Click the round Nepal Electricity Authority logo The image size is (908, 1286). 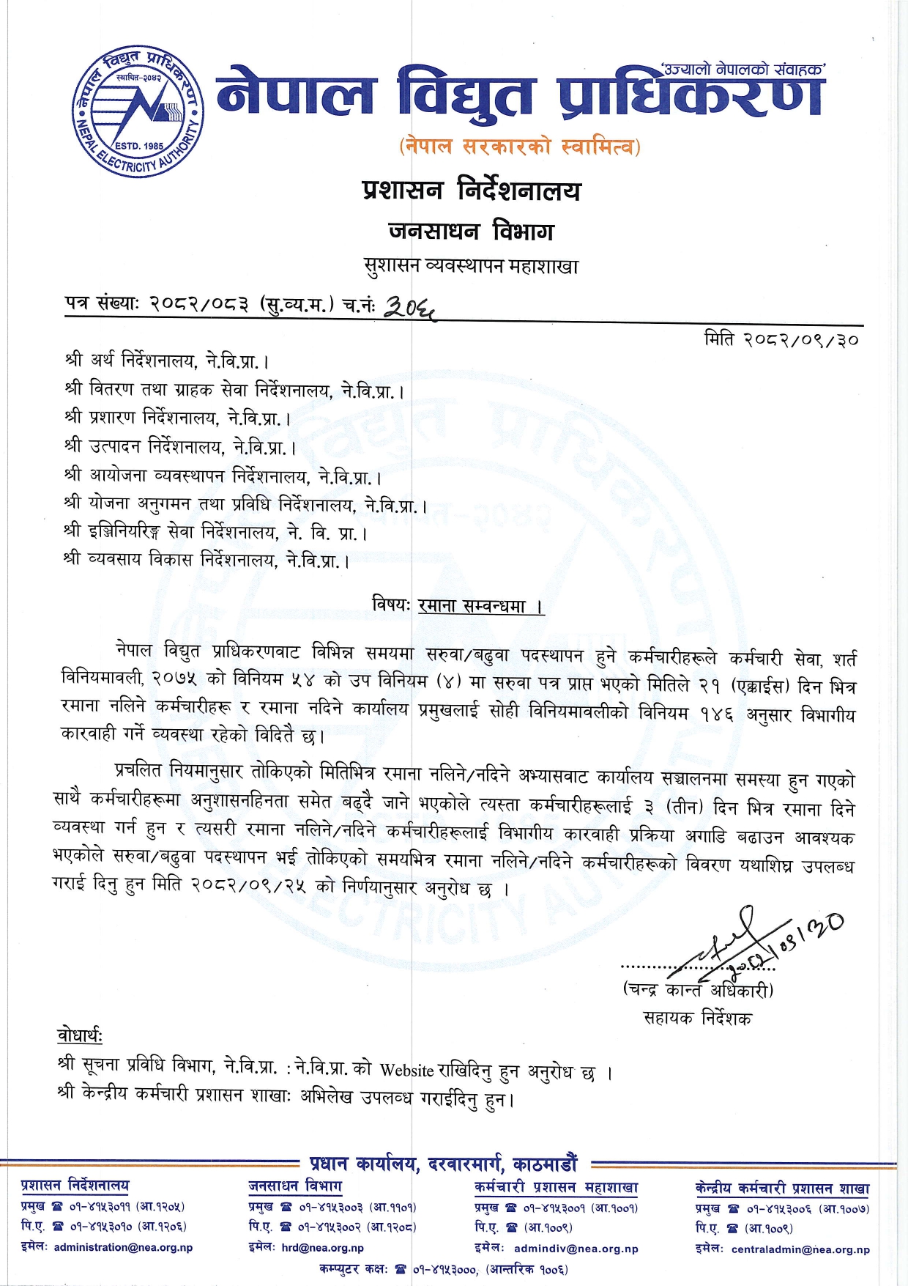tap(138, 111)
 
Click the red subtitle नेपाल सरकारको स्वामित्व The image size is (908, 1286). tap(520, 146)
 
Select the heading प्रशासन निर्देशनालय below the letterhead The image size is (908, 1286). tap(472, 191)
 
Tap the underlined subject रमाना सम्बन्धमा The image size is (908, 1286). tap(480, 606)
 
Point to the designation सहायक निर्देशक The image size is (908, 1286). tap(697, 1018)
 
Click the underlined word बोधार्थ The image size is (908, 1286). tap(80, 1035)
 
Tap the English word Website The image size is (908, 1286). tap(406, 1070)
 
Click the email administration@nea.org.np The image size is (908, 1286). tap(123, 1247)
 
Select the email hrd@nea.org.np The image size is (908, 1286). tap(322, 1247)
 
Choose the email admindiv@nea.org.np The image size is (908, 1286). tap(576, 1249)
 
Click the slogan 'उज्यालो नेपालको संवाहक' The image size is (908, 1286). tap(743, 70)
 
